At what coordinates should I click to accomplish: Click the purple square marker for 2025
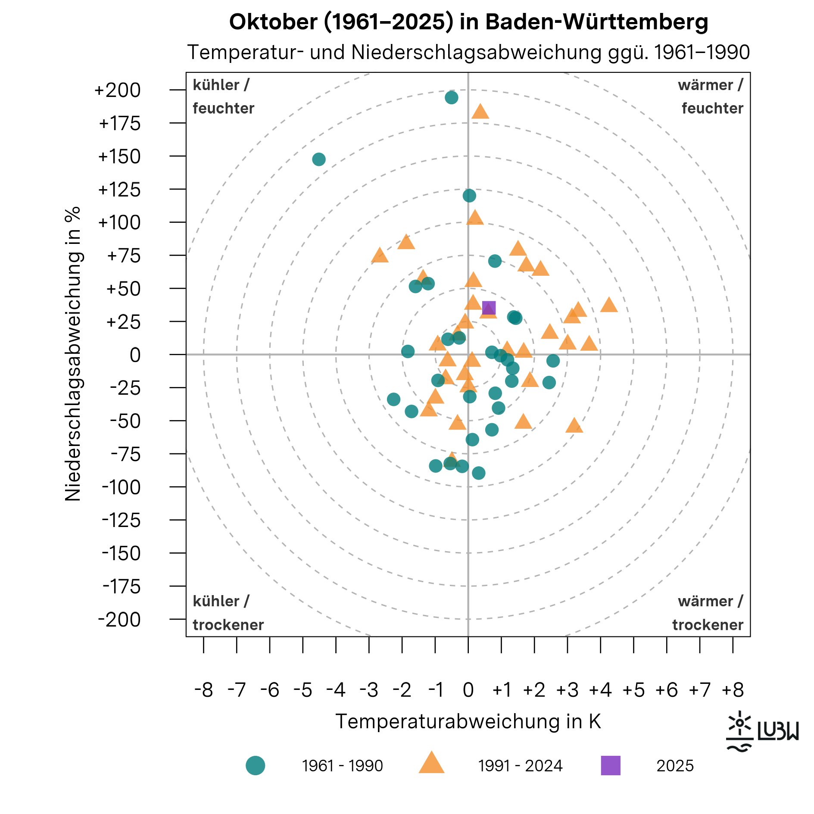pos(489,308)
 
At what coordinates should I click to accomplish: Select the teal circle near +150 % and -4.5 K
pos(318,159)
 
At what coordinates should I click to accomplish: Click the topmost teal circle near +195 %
pos(451,97)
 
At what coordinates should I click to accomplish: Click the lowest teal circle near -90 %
pos(478,473)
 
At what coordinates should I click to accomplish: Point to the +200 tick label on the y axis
pos(118,90)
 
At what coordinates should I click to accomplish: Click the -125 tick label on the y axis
pos(121,521)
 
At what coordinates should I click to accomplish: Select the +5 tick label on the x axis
pos(633,690)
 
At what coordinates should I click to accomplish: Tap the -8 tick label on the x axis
pos(203,690)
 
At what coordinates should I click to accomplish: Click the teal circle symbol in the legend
pos(255,766)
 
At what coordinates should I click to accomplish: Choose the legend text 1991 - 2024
pos(520,766)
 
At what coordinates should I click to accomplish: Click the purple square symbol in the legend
pos(611,766)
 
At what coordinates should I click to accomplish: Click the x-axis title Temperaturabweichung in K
pos(468,721)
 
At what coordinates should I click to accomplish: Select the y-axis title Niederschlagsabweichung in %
pos(73,353)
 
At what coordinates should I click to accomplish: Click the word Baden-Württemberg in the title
pos(597,22)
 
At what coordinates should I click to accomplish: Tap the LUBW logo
pos(762,732)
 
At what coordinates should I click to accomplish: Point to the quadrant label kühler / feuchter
pos(223,97)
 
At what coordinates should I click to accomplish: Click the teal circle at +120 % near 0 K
pos(469,196)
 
